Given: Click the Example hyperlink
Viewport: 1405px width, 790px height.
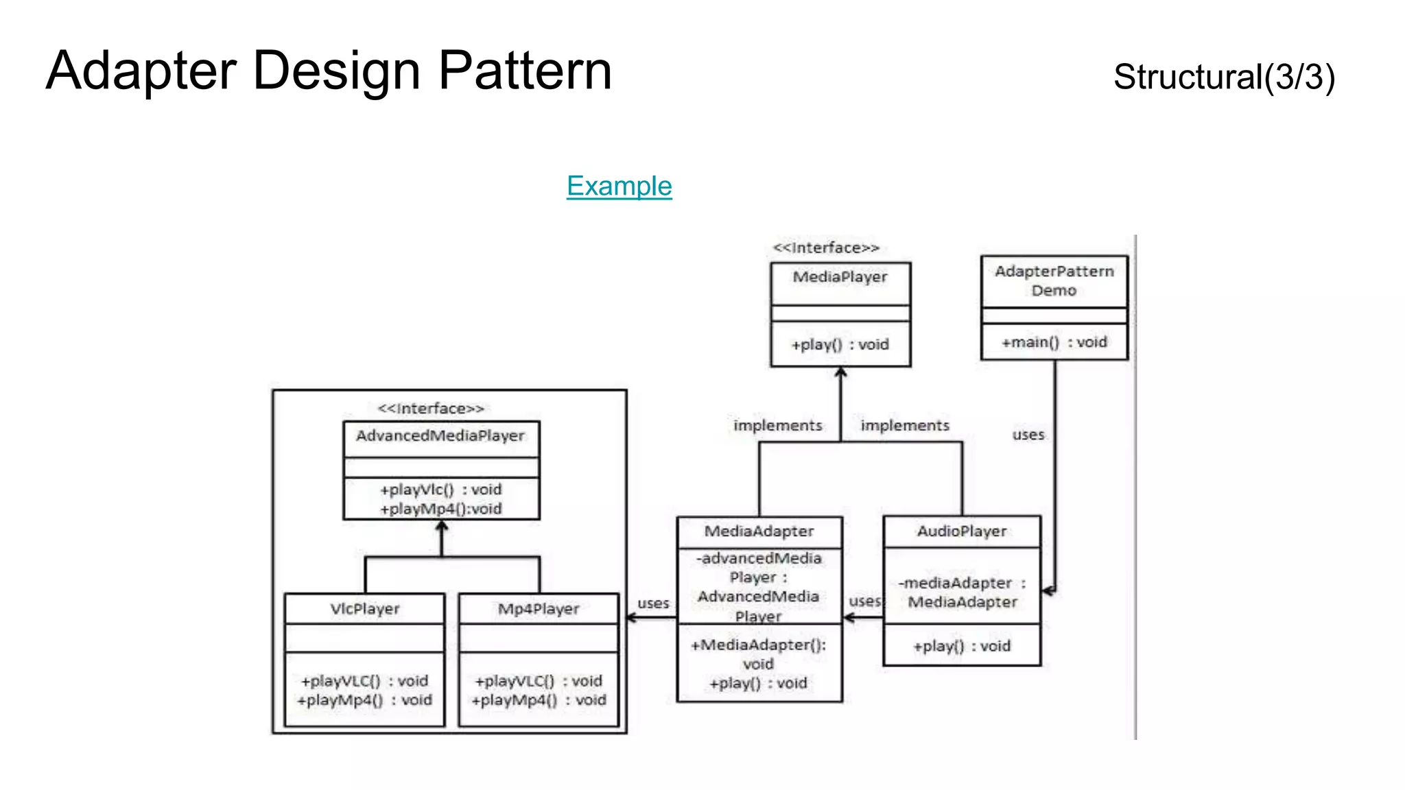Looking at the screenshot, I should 619,186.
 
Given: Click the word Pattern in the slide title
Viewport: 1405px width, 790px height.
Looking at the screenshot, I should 525,71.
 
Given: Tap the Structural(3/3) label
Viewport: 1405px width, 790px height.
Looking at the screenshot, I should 1224,77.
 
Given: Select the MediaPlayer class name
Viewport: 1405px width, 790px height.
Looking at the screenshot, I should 840,277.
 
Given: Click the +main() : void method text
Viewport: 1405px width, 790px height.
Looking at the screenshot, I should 1054,342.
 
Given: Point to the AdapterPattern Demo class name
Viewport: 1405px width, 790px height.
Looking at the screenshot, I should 1054,280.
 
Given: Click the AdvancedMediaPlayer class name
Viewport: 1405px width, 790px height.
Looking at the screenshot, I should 440,436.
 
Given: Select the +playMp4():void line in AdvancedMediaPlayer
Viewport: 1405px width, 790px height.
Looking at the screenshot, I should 441,509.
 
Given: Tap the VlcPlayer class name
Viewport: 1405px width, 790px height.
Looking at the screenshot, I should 364,609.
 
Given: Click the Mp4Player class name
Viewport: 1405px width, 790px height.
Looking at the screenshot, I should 539,609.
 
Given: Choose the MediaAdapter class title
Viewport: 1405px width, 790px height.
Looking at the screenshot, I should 759,531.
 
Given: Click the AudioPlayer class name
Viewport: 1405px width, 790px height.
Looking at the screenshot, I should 962,531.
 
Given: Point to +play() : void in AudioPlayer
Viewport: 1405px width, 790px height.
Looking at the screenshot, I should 962,646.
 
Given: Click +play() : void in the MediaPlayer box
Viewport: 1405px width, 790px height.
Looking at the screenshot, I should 840,345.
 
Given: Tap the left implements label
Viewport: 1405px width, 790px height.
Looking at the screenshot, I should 777,426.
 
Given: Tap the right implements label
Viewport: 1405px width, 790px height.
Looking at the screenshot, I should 905,426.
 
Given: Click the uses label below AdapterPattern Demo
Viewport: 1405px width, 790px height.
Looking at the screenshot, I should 1028,435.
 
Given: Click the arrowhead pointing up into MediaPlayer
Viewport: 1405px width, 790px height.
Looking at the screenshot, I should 840,372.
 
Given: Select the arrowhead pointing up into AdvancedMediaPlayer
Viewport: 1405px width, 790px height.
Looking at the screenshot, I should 442,526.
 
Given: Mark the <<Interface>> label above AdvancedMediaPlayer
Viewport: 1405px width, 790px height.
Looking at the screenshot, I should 431,409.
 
